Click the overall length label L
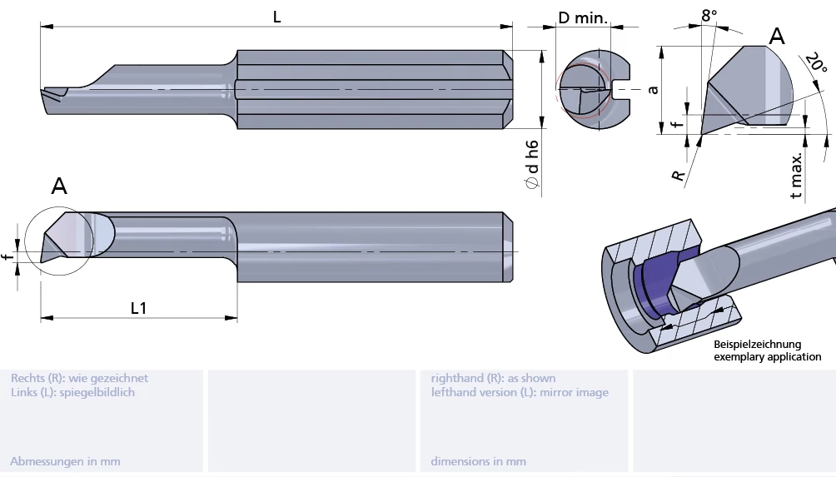(x=277, y=16)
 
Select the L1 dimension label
(x=138, y=308)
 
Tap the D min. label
(x=583, y=17)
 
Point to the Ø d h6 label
(x=532, y=163)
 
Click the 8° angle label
(x=709, y=15)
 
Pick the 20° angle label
(x=815, y=65)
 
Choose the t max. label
(x=797, y=176)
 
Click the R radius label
(x=679, y=176)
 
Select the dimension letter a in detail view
(x=654, y=89)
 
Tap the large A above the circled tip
(x=59, y=186)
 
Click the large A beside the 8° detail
(x=776, y=36)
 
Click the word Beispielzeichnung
(x=757, y=344)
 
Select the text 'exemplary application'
(x=767, y=357)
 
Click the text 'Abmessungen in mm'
(x=65, y=461)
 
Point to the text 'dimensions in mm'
(x=478, y=461)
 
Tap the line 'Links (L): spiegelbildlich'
(x=72, y=392)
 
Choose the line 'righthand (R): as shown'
(x=493, y=378)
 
